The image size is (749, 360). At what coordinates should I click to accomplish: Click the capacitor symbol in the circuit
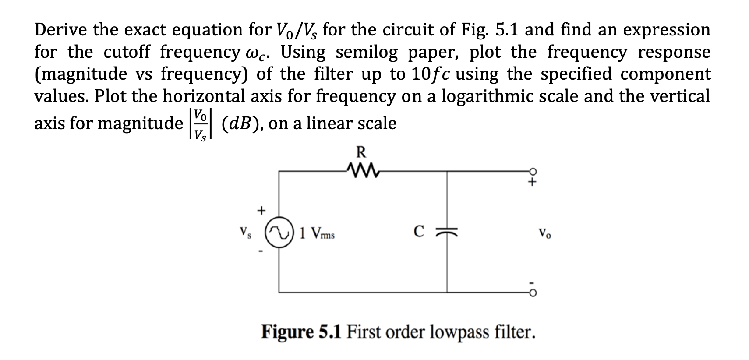(x=447, y=232)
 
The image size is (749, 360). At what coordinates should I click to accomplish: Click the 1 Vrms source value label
(x=317, y=234)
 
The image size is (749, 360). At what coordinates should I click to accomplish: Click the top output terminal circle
(x=533, y=171)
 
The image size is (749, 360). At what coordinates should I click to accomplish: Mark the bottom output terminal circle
(x=533, y=292)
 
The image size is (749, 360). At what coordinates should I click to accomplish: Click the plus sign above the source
(x=261, y=211)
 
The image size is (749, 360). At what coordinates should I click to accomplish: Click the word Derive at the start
(x=61, y=30)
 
